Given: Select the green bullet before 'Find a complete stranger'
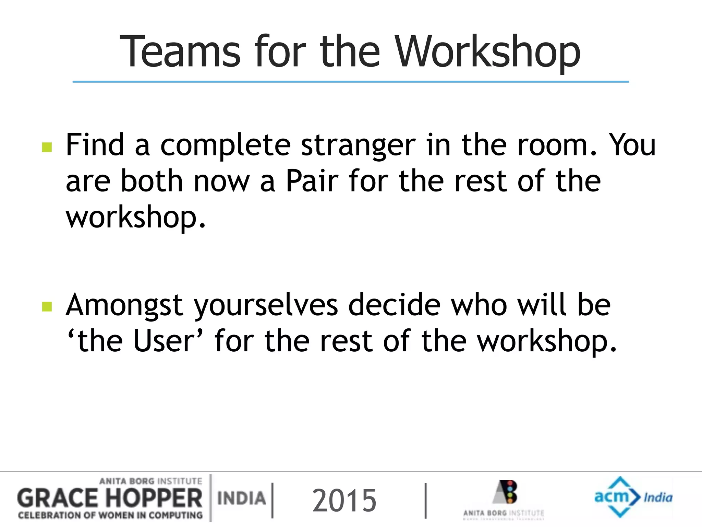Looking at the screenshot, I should [x=47, y=147].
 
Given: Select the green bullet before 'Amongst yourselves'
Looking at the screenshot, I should [x=47, y=306].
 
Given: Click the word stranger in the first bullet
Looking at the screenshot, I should [x=358, y=145].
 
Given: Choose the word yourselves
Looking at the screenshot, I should [x=266, y=305].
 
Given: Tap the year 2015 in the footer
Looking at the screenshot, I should [x=344, y=501].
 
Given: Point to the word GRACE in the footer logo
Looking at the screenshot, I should [x=58, y=499].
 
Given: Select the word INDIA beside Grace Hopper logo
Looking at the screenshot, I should [x=242, y=498].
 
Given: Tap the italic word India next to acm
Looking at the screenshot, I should [x=658, y=497].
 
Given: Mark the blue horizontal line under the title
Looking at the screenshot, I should [x=351, y=82].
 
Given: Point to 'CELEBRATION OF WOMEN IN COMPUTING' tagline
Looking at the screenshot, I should [x=110, y=515].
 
